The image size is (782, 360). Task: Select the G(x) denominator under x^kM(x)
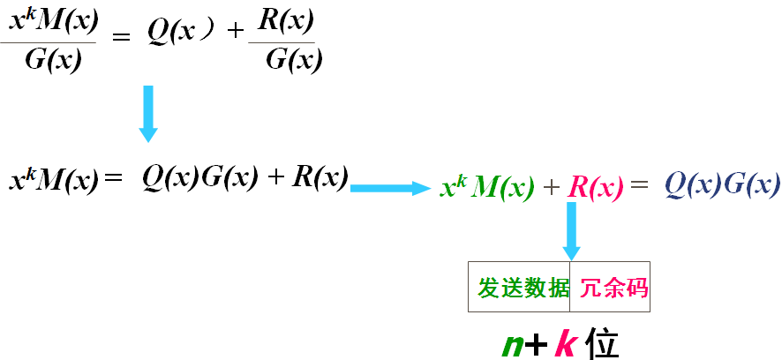52,63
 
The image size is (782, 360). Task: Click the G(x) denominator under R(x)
293,60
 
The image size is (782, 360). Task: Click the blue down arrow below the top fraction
148,113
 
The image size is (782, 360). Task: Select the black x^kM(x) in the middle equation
53,181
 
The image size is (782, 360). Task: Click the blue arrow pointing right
388,188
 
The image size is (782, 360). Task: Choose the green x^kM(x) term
487,187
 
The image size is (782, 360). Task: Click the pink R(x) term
595,187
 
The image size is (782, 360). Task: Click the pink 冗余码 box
611,288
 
